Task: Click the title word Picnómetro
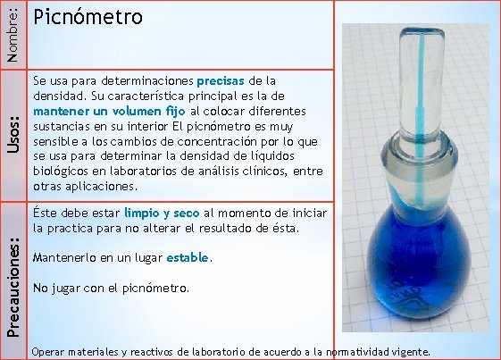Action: tap(87, 18)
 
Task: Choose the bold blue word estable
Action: tap(188, 258)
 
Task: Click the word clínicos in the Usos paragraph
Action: tap(244, 171)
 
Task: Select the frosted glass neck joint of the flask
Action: tap(417, 170)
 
